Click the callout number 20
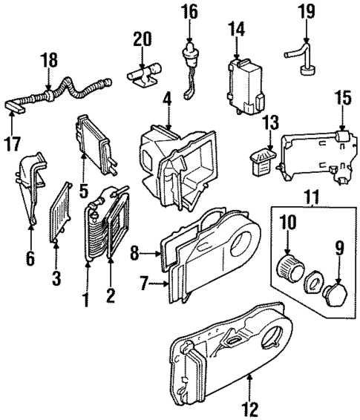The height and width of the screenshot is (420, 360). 143,38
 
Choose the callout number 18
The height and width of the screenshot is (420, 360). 50,61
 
